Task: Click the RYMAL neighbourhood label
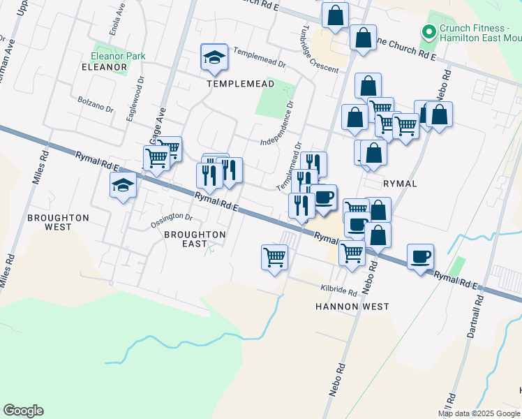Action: tap(400, 184)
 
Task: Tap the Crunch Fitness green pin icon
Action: tap(428, 31)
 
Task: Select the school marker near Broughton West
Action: tap(123, 186)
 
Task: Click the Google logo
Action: tap(23, 411)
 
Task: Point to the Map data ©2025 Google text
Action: tap(479, 413)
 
